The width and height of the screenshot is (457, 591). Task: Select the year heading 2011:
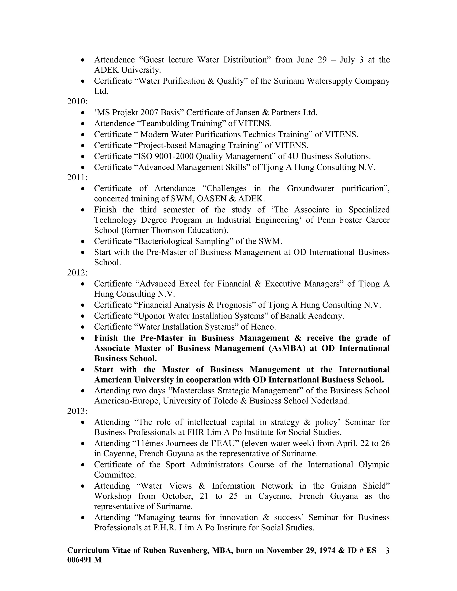(x=77, y=178)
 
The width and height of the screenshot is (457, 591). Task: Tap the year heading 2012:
(x=77, y=273)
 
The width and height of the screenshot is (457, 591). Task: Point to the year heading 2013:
(x=77, y=411)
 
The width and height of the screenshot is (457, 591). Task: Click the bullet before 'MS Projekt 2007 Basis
(x=83, y=113)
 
